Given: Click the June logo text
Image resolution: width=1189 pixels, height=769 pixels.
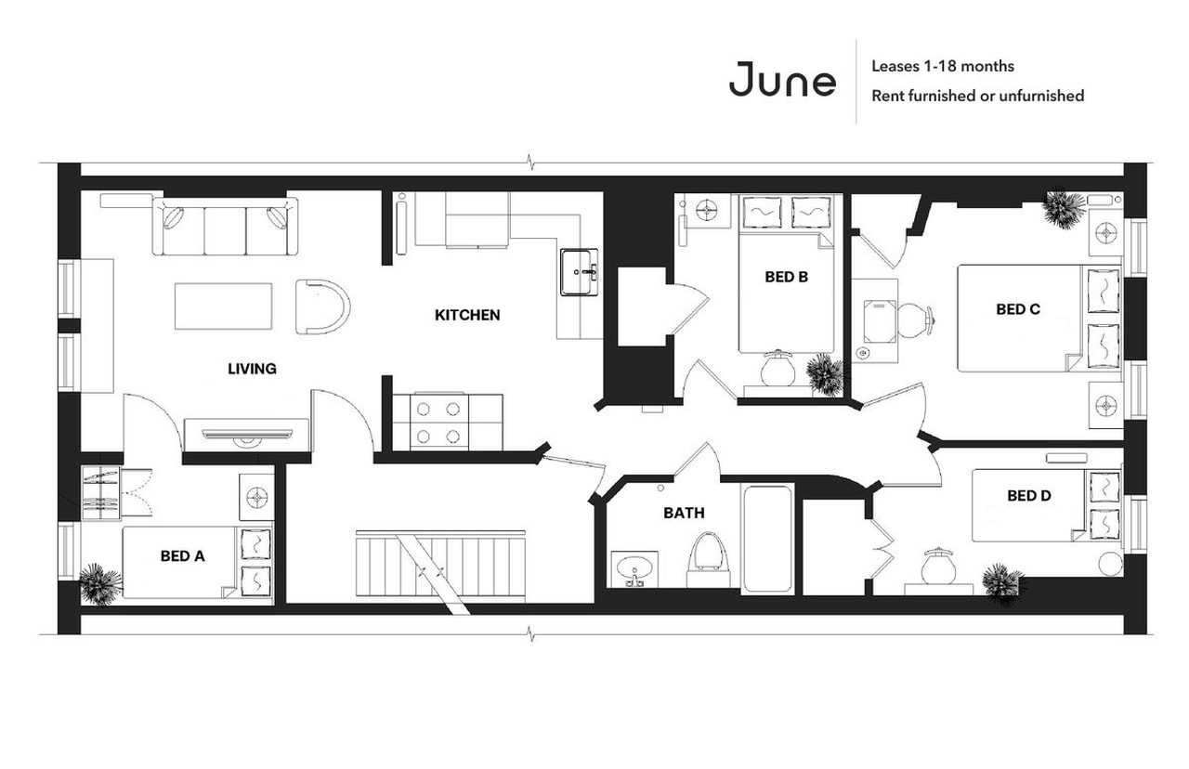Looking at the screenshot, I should coord(782,80).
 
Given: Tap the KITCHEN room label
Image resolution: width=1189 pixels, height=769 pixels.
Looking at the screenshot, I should coord(467,315).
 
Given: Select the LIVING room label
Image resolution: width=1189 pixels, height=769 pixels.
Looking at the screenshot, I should coord(252,369).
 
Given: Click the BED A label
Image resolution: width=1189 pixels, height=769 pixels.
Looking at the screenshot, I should coord(182,556).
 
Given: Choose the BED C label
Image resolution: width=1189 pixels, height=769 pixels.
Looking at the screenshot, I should coord(1017,309).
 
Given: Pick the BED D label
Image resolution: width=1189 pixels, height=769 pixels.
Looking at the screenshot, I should coord(1028,496).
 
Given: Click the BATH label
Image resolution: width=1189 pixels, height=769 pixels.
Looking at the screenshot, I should coord(683,513).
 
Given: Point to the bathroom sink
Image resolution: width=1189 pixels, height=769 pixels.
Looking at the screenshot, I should coord(635,568).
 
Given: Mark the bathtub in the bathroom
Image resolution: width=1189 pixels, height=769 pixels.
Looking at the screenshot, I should coord(766,540).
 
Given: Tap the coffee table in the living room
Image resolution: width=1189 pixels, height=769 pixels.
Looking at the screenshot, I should coord(224,306).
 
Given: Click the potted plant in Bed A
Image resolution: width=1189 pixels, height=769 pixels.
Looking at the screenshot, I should coord(99,583).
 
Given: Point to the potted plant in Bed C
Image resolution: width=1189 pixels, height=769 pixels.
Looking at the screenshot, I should coord(1063,209).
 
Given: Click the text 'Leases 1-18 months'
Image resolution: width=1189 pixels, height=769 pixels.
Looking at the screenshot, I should coord(942,66).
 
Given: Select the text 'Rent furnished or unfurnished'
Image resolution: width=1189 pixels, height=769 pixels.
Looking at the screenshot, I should coord(977,96).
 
